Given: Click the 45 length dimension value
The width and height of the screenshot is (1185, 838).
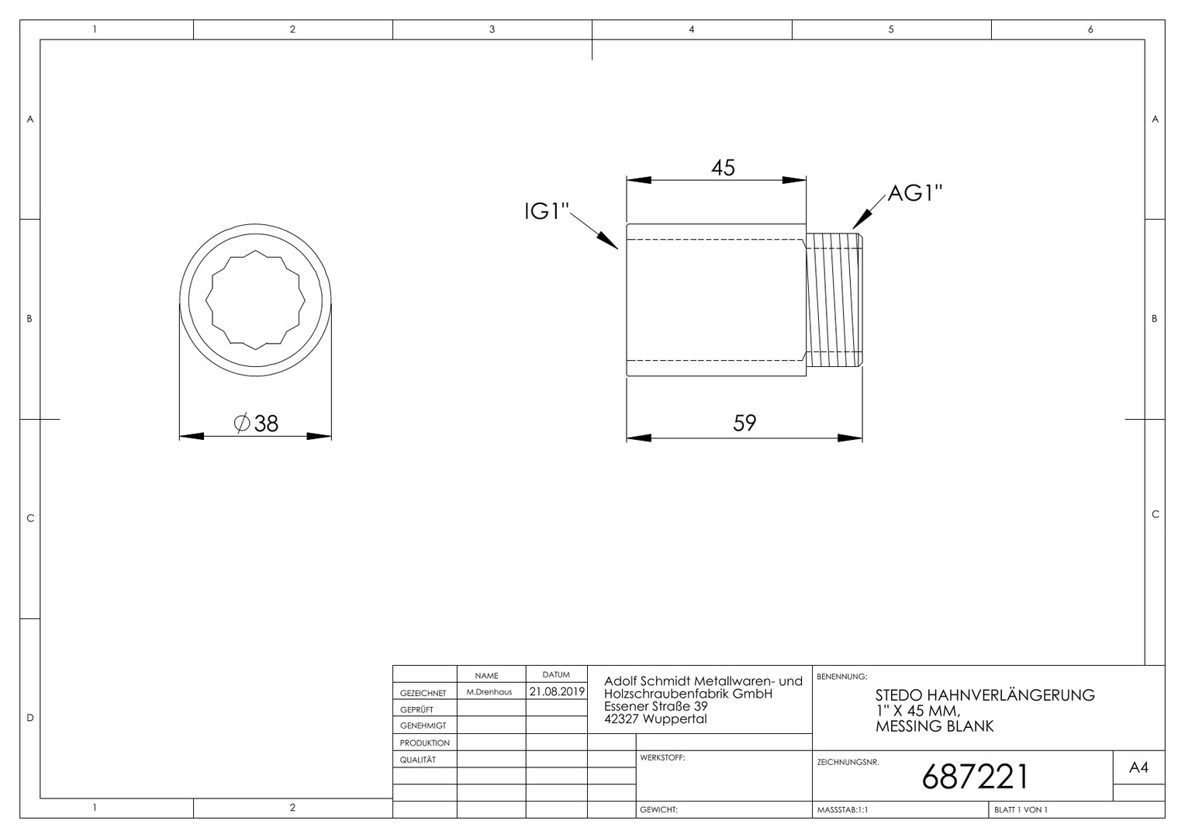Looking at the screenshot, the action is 723,168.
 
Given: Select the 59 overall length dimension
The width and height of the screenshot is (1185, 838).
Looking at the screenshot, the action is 745,423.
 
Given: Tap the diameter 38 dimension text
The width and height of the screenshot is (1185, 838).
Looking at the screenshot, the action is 256,424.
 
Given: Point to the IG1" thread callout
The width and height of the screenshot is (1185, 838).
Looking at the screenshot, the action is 546,212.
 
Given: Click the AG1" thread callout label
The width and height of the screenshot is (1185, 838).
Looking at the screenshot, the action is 914,193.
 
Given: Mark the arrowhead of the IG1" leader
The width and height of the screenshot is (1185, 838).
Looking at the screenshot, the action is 608,241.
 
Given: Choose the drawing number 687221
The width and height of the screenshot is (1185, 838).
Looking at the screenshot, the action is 975,777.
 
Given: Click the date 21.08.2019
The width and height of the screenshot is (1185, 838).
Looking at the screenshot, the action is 557,691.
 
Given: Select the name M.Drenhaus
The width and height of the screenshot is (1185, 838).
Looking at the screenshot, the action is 489,692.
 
